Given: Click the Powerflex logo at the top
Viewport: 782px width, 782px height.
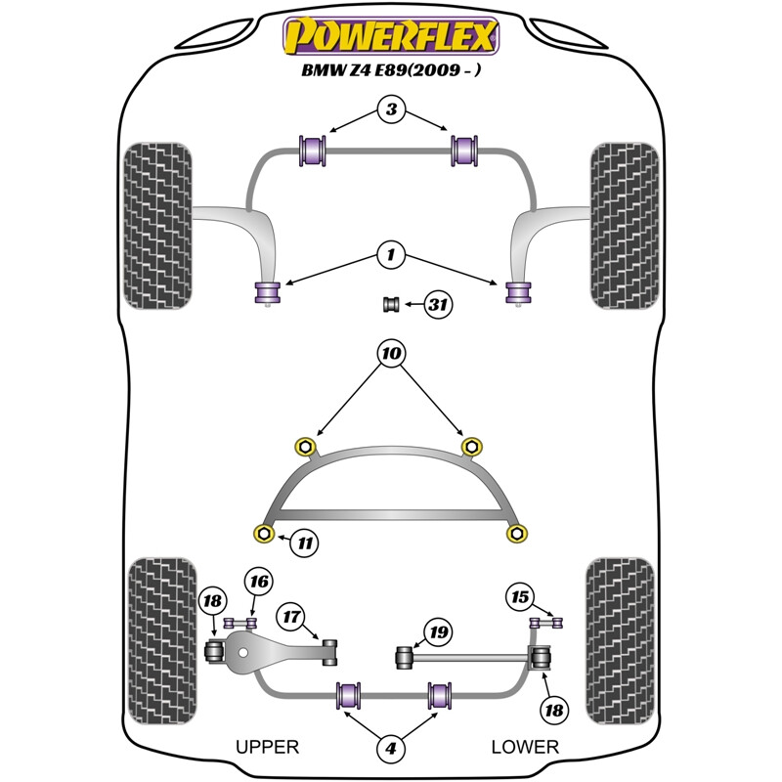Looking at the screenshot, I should point(391,36).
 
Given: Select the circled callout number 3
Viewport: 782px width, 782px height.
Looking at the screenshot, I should point(391,110).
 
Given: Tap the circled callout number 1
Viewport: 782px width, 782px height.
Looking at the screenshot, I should point(391,256).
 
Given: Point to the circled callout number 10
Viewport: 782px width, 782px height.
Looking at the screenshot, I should point(391,352).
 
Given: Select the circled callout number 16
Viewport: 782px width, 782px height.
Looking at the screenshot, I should point(258,584).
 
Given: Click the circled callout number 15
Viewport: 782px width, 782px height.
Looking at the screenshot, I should point(520,595).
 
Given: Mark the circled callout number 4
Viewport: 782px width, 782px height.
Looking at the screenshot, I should point(391,750).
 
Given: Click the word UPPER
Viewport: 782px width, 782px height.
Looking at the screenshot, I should point(267,747).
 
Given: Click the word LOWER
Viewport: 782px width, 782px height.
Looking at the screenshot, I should point(525,747).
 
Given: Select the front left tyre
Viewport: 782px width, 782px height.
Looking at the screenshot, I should point(156,225).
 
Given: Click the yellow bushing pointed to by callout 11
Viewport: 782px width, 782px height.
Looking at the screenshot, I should point(263,532).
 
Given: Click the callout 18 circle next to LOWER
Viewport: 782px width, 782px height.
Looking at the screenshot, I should point(555,710).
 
